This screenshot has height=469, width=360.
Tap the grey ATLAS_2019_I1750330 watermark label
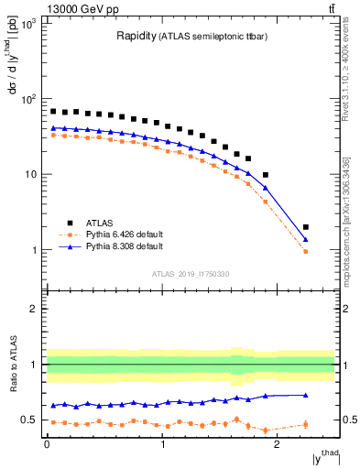(x=190, y=274)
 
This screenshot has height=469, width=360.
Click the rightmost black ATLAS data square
(x=305, y=227)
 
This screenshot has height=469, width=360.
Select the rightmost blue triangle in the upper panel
(x=305, y=239)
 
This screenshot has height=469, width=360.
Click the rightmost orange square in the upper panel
(x=305, y=251)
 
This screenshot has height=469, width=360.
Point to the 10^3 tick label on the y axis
(x=29, y=23)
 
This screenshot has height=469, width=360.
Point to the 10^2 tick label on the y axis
(x=29, y=99)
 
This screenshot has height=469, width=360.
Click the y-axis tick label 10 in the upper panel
(x=31, y=175)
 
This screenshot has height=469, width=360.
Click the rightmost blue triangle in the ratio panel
(x=305, y=395)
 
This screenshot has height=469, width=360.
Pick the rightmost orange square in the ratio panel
(x=305, y=424)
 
